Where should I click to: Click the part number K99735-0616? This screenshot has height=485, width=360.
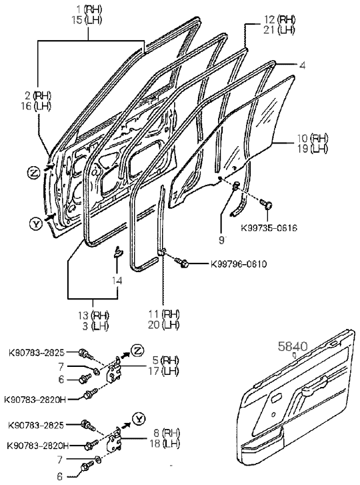pos(269,228)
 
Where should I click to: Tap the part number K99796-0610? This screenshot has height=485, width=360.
pos(239,264)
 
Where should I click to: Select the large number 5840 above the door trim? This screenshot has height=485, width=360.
pos(293,346)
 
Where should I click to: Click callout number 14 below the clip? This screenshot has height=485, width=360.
pos(117,281)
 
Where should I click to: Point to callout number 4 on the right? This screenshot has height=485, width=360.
pos(302,65)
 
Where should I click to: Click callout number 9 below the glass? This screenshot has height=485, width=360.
pos(221,240)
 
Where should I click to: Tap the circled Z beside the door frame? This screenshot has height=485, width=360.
pos(34,172)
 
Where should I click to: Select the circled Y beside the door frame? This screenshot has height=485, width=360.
pos(36,223)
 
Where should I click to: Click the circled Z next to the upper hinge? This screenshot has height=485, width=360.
pos(137,351)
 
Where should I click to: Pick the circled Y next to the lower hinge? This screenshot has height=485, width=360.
pos(139,419)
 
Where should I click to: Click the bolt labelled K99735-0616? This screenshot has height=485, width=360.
pos(266,204)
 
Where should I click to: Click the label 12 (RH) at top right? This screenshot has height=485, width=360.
pos(279,19)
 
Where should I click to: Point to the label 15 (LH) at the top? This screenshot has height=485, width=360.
pos(87,21)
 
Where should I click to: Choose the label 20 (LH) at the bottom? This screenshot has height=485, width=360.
pos(164,325)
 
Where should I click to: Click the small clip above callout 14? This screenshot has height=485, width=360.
pos(118,252)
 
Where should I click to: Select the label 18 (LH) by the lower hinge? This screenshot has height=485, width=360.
pos(164,444)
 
